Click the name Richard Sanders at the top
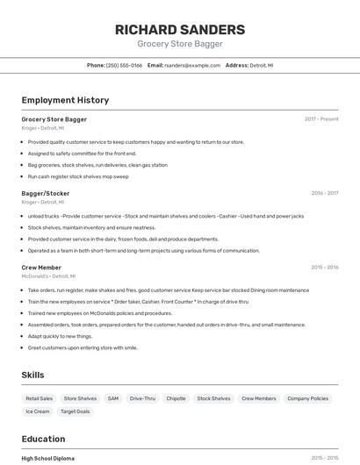180,29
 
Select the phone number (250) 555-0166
125,65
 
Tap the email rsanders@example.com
192,65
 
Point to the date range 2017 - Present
321,119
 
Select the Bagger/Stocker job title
46,193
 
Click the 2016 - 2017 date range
324,193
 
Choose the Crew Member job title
41,268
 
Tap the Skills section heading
32,376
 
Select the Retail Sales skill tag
39,398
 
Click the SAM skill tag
112,398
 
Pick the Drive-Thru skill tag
142,398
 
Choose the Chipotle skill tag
176,398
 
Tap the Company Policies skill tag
307,398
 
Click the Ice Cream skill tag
38,411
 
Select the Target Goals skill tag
76,411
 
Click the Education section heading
43,439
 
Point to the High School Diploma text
47,458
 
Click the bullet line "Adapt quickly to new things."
60,336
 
